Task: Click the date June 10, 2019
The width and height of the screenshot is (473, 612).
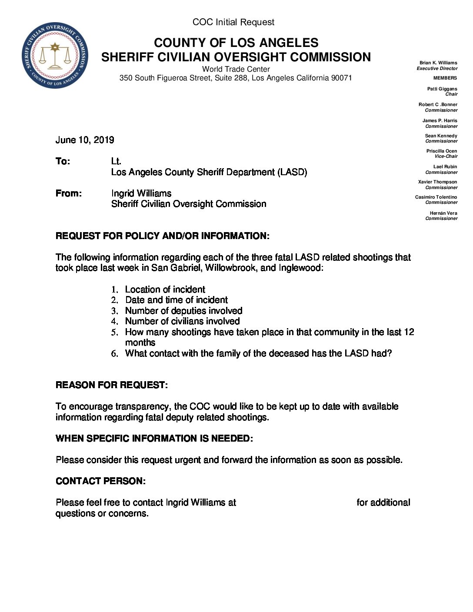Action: tap(85, 140)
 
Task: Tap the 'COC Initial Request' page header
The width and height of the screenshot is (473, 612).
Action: tap(233, 22)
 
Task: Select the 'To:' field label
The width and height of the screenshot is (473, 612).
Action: tap(63, 162)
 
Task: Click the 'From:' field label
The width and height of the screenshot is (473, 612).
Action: tap(69, 193)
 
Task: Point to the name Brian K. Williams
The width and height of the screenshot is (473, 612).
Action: tap(438, 63)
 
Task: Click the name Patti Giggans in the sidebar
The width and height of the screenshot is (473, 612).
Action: tap(442, 89)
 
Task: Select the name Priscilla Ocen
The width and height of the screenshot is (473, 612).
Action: tap(442, 151)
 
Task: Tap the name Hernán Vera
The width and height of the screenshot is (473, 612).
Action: tap(443, 213)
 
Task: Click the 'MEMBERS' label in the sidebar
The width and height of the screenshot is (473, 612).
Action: tap(445, 78)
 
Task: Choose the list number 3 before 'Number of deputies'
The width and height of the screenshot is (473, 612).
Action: tap(114, 311)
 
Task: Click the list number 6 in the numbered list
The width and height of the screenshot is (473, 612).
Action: tap(114, 354)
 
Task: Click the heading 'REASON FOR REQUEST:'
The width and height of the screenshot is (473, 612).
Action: tap(112, 385)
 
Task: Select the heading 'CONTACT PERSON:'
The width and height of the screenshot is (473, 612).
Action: tap(100, 481)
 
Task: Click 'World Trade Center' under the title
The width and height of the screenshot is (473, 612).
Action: tap(236, 69)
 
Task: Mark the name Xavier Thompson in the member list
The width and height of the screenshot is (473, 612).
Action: tap(437, 182)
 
